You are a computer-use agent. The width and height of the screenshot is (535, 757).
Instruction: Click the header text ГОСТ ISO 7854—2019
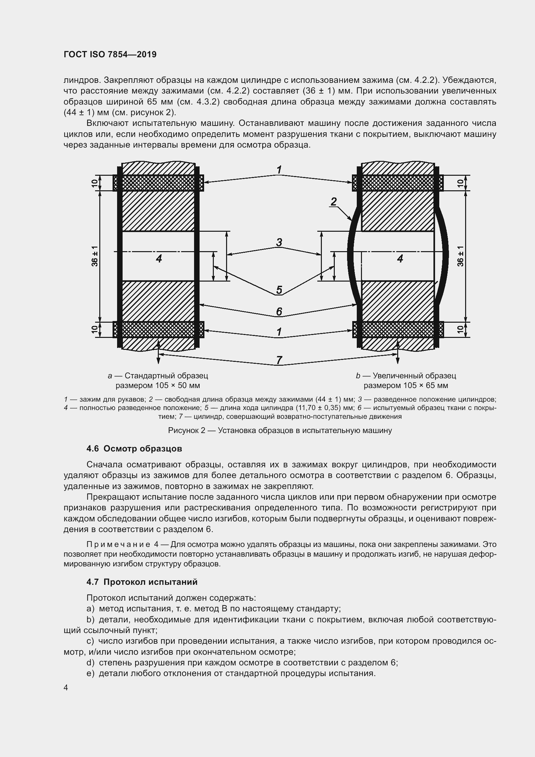(110, 54)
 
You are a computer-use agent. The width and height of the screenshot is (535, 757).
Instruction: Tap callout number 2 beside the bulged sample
(334, 201)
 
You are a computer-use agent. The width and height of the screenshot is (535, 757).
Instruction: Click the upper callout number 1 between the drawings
(279, 170)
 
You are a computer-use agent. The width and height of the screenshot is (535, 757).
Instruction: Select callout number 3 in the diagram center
(279, 243)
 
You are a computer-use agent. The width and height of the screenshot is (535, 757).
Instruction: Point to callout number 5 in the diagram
(279, 290)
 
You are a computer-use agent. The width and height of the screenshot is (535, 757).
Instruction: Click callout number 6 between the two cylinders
(279, 311)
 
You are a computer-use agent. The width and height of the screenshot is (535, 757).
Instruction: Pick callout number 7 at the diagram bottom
(279, 360)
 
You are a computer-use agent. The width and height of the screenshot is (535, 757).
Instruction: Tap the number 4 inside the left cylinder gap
(159, 259)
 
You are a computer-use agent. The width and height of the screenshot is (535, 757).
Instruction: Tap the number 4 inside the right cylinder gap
(400, 259)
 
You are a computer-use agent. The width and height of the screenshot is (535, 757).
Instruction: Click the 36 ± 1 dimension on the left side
(95, 257)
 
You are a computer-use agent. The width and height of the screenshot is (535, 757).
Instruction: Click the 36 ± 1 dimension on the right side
(461, 257)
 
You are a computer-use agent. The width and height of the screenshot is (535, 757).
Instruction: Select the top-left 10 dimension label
(95, 183)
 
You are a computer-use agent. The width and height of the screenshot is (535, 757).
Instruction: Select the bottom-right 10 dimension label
(461, 330)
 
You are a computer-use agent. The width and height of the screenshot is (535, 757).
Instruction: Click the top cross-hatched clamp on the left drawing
(158, 183)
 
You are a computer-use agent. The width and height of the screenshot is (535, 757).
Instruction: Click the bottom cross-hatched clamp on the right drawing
(398, 330)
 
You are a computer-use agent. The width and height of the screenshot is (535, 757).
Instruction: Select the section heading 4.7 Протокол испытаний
(142, 582)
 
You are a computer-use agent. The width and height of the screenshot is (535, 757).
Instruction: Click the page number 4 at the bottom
(66, 688)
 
